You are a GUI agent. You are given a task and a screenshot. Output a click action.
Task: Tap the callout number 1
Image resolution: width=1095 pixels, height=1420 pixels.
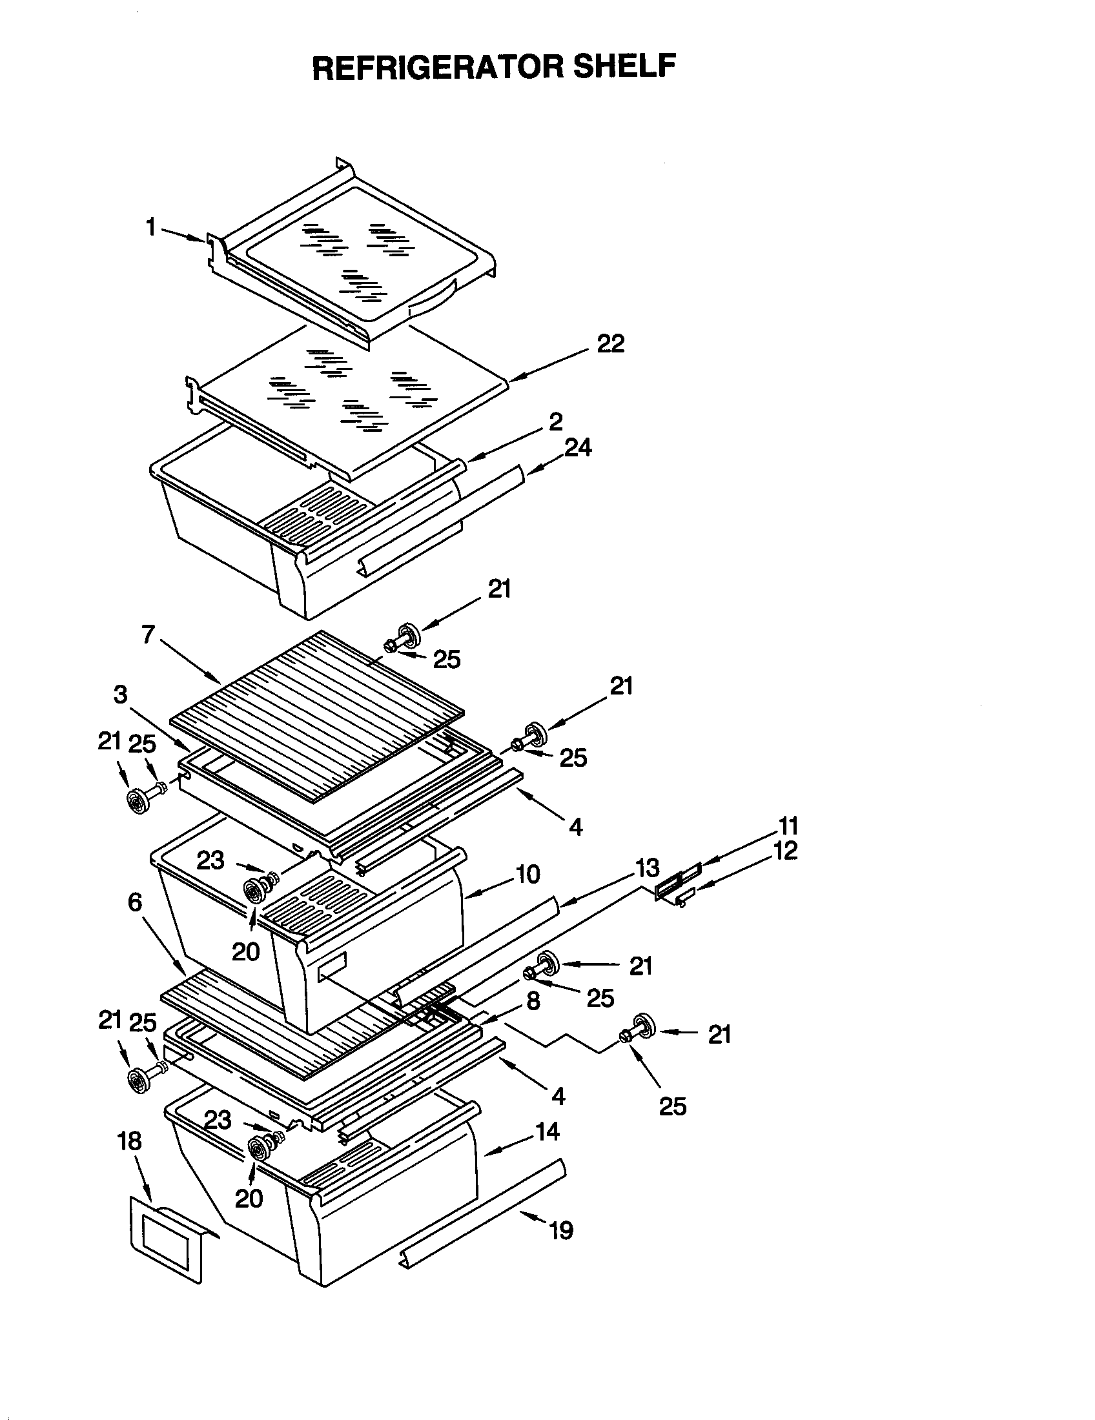coord(151,228)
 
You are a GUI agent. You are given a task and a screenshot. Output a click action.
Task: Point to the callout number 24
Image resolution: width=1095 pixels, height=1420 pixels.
coord(578,447)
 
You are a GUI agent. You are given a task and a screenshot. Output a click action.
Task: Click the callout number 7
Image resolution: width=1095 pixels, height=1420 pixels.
coord(148,634)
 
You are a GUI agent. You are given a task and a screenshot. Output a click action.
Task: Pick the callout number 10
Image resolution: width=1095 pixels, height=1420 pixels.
coord(528,875)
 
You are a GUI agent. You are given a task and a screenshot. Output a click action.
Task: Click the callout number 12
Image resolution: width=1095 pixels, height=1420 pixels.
coord(786,851)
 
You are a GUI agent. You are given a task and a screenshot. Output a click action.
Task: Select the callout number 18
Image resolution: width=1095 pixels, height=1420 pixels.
coord(130,1141)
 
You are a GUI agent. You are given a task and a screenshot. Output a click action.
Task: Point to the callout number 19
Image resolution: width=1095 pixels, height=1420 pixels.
coord(562,1230)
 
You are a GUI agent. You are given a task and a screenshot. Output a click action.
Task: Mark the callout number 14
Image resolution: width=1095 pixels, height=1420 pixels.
coord(547,1131)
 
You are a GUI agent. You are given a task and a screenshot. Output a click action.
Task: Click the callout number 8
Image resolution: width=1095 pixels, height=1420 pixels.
coord(533,1000)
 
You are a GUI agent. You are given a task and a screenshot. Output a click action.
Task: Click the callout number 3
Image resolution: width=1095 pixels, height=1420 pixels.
coord(121,695)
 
